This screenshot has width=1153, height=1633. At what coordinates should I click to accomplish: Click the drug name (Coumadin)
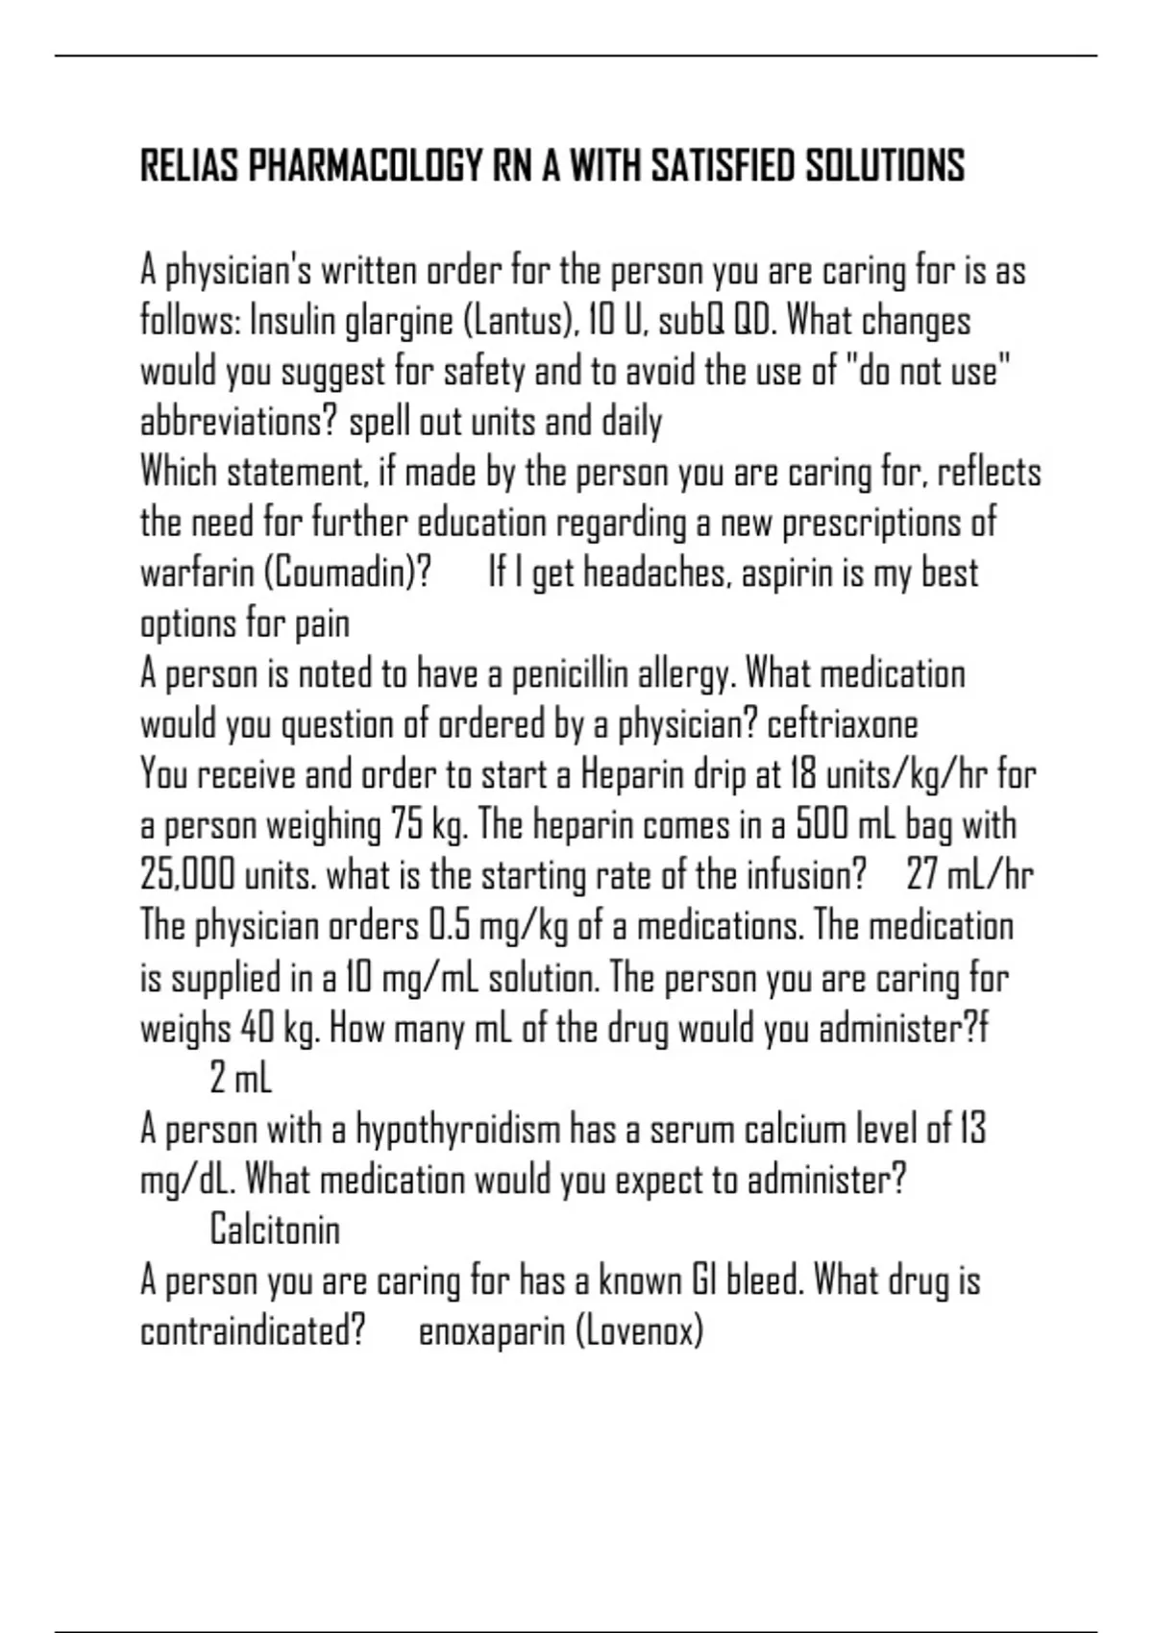(x=346, y=573)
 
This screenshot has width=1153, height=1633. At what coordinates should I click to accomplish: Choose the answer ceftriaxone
(x=843, y=724)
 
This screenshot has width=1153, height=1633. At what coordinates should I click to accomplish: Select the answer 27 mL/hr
(x=970, y=875)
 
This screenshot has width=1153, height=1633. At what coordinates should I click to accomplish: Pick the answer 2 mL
(x=241, y=1078)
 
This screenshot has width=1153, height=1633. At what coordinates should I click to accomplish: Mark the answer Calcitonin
(x=275, y=1230)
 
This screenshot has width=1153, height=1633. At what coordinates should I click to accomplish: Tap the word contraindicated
(x=253, y=1331)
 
